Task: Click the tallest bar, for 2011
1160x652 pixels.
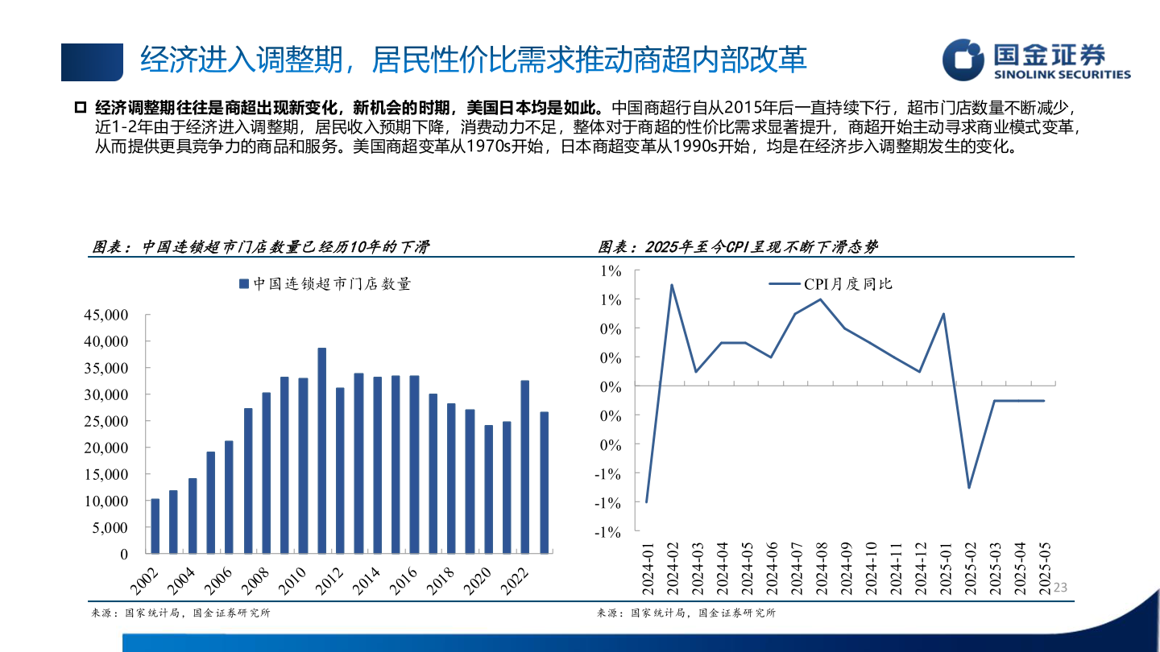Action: click(x=321, y=451)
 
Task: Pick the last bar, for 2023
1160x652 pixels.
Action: click(x=544, y=483)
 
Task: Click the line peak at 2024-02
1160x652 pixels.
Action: click(x=672, y=285)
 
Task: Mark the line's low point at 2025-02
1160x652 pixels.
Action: click(x=969, y=488)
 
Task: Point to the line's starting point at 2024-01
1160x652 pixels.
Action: click(x=647, y=502)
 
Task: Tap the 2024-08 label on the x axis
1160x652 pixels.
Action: click(x=821, y=568)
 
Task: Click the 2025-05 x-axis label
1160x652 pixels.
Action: click(x=1045, y=568)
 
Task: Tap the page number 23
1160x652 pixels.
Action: click(x=1060, y=588)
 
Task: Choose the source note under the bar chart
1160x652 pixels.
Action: click(x=180, y=613)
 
